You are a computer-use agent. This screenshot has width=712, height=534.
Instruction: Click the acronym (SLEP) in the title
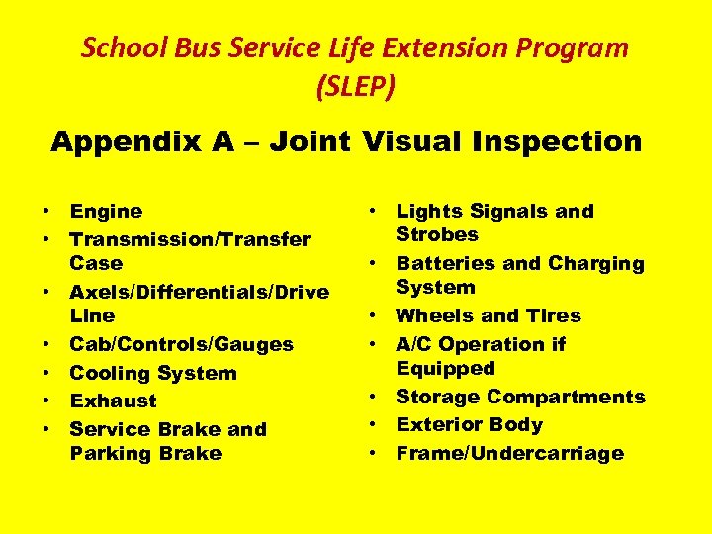[x=355, y=87]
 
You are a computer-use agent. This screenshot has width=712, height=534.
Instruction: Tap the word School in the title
[x=114, y=47]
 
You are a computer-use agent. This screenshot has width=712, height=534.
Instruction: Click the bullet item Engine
[x=106, y=211]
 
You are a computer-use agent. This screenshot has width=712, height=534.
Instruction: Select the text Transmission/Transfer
[x=190, y=239]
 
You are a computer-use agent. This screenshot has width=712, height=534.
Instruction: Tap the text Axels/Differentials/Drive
[x=199, y=292]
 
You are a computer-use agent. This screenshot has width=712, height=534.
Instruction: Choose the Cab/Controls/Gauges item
[x=181, y=344]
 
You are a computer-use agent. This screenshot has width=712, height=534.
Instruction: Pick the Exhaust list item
[x=113, y=400]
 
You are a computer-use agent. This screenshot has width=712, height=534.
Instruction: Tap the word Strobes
[x=436, y=234]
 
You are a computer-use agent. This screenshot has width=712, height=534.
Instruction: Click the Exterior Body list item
[x=469, y=424]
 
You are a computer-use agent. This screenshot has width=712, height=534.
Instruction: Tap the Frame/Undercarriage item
[x=509, y=453]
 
